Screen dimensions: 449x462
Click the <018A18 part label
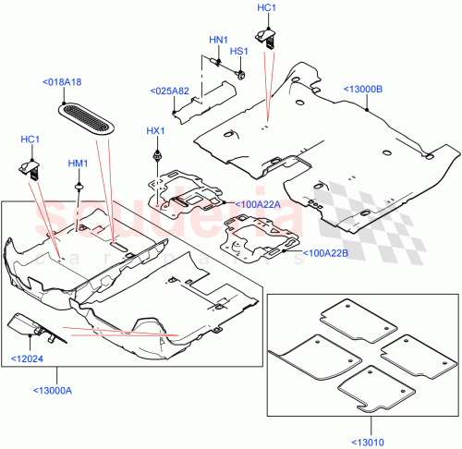[62, 82]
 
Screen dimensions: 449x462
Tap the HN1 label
[218, 40]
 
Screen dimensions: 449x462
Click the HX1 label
[155, 131]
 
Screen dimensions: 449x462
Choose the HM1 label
[78, 164]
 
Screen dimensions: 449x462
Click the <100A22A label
[258, 204]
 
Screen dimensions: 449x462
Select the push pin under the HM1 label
[80, 186]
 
